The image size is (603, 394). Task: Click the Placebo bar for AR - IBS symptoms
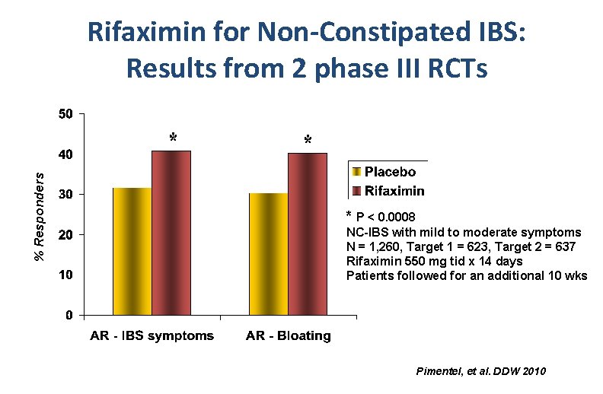tap(132, 251)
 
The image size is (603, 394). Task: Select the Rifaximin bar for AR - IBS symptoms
tap(171, 233)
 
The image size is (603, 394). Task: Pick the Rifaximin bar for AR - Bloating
tap(308, 234)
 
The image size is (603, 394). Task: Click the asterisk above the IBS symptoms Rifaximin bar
tap(173, 138)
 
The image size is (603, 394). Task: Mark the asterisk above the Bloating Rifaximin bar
tap(308, 141)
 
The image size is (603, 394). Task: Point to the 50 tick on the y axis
tap(67, 115)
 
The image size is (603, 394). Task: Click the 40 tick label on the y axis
tap(67, 154)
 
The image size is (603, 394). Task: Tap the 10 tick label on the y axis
tap(67, 274)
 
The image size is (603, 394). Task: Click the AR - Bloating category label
tap(288, 335)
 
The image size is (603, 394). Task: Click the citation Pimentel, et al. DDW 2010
tap(481, 371)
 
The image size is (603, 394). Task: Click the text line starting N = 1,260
tap(461, 246)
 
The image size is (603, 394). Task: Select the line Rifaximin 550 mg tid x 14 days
tap(435, 261)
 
